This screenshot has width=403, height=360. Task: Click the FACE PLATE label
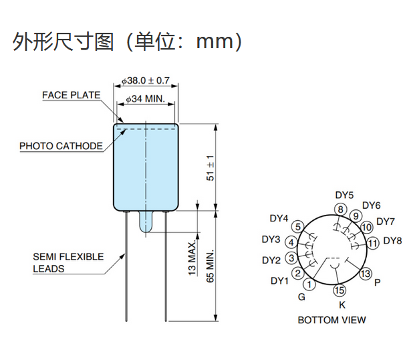point(71,96)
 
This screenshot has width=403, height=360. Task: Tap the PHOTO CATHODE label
point(61,146)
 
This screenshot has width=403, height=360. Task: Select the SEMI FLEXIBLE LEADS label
point(68,262)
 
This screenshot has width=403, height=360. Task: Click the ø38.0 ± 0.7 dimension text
point(146,81)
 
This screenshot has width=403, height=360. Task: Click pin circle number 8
point(340,210)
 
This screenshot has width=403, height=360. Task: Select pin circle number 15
point(340,290)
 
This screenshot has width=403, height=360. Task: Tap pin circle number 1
point(309,285)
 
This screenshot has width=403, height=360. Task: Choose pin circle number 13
point(365,274)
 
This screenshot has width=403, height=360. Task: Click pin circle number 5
point(298,226)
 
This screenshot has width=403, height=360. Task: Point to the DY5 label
point(344,195)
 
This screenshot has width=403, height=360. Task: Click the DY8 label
point(394,241)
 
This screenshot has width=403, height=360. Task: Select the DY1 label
point(279,280)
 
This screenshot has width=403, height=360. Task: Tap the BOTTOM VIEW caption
point(331,320)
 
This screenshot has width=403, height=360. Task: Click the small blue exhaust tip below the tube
point(146,222)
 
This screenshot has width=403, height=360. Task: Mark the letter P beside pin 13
point(378,282)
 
